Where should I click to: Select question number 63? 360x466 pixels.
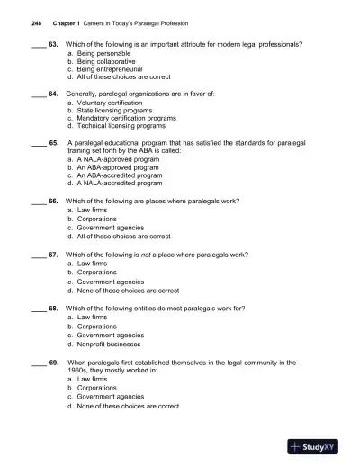point(53,44)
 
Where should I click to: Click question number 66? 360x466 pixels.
point(53,201)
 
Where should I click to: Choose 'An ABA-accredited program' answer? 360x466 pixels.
point(118,175)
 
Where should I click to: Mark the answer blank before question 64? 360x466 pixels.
point(35,94)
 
